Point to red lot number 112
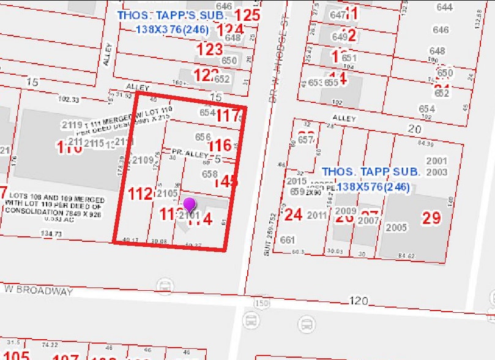point(140,194)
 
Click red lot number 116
point(220,145)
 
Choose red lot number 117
point(228,115)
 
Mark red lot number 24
point(294,214)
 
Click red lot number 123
point(210,50)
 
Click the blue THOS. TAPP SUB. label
point(370,172)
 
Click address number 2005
point(396,228)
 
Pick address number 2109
point(143,160)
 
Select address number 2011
point(317,215)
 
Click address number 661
point(288,240)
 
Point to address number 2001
point(437,160)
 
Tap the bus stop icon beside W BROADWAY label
point(164,285)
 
